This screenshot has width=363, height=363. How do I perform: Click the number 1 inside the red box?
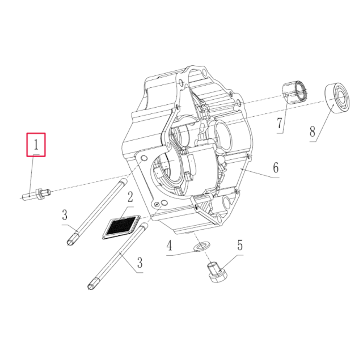click(x=36, y=145)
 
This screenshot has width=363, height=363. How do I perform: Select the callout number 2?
click(x=130, y=197)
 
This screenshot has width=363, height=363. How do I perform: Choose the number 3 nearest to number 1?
click(x=65, y=215)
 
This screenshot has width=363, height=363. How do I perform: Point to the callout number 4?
click(x=169, y=246)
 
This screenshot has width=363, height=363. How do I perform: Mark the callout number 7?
click(x=280, y=123)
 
